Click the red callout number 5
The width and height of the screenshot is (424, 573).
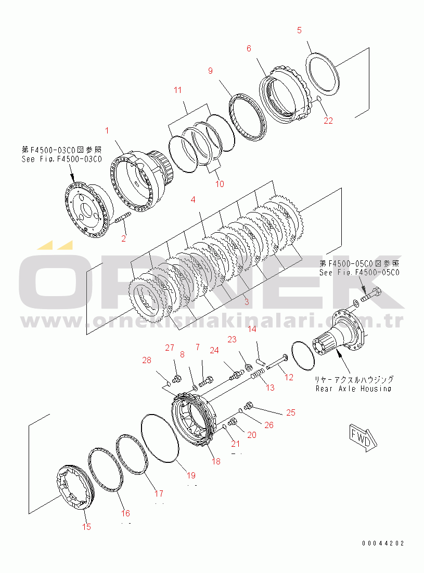pyautogui.click(x=299, y=30)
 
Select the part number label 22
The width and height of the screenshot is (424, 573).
pyautogui.click(x=328, y=121)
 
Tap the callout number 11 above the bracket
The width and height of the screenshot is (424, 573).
pyautogui.click(x=177, y=90)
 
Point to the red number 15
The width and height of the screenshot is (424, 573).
pyautogui.click(x=86, y=526)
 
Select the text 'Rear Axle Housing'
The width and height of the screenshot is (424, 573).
pyautogui.click(x=353, y=388)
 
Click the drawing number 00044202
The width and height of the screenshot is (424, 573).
pyautogui.click(x=383, y=543)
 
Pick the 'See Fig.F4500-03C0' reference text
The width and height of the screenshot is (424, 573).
pyautogui.click(x=61, y=159)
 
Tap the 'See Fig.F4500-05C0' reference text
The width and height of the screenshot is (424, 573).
pyautogui.click(x=359, y=272)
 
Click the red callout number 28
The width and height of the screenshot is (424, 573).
pyautogui.click(x=147, y=361)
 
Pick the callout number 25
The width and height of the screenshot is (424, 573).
pyautogui.click(x=290, y=412)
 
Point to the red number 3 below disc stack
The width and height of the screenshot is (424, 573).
pyautogui.click(x=246, y=301)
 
